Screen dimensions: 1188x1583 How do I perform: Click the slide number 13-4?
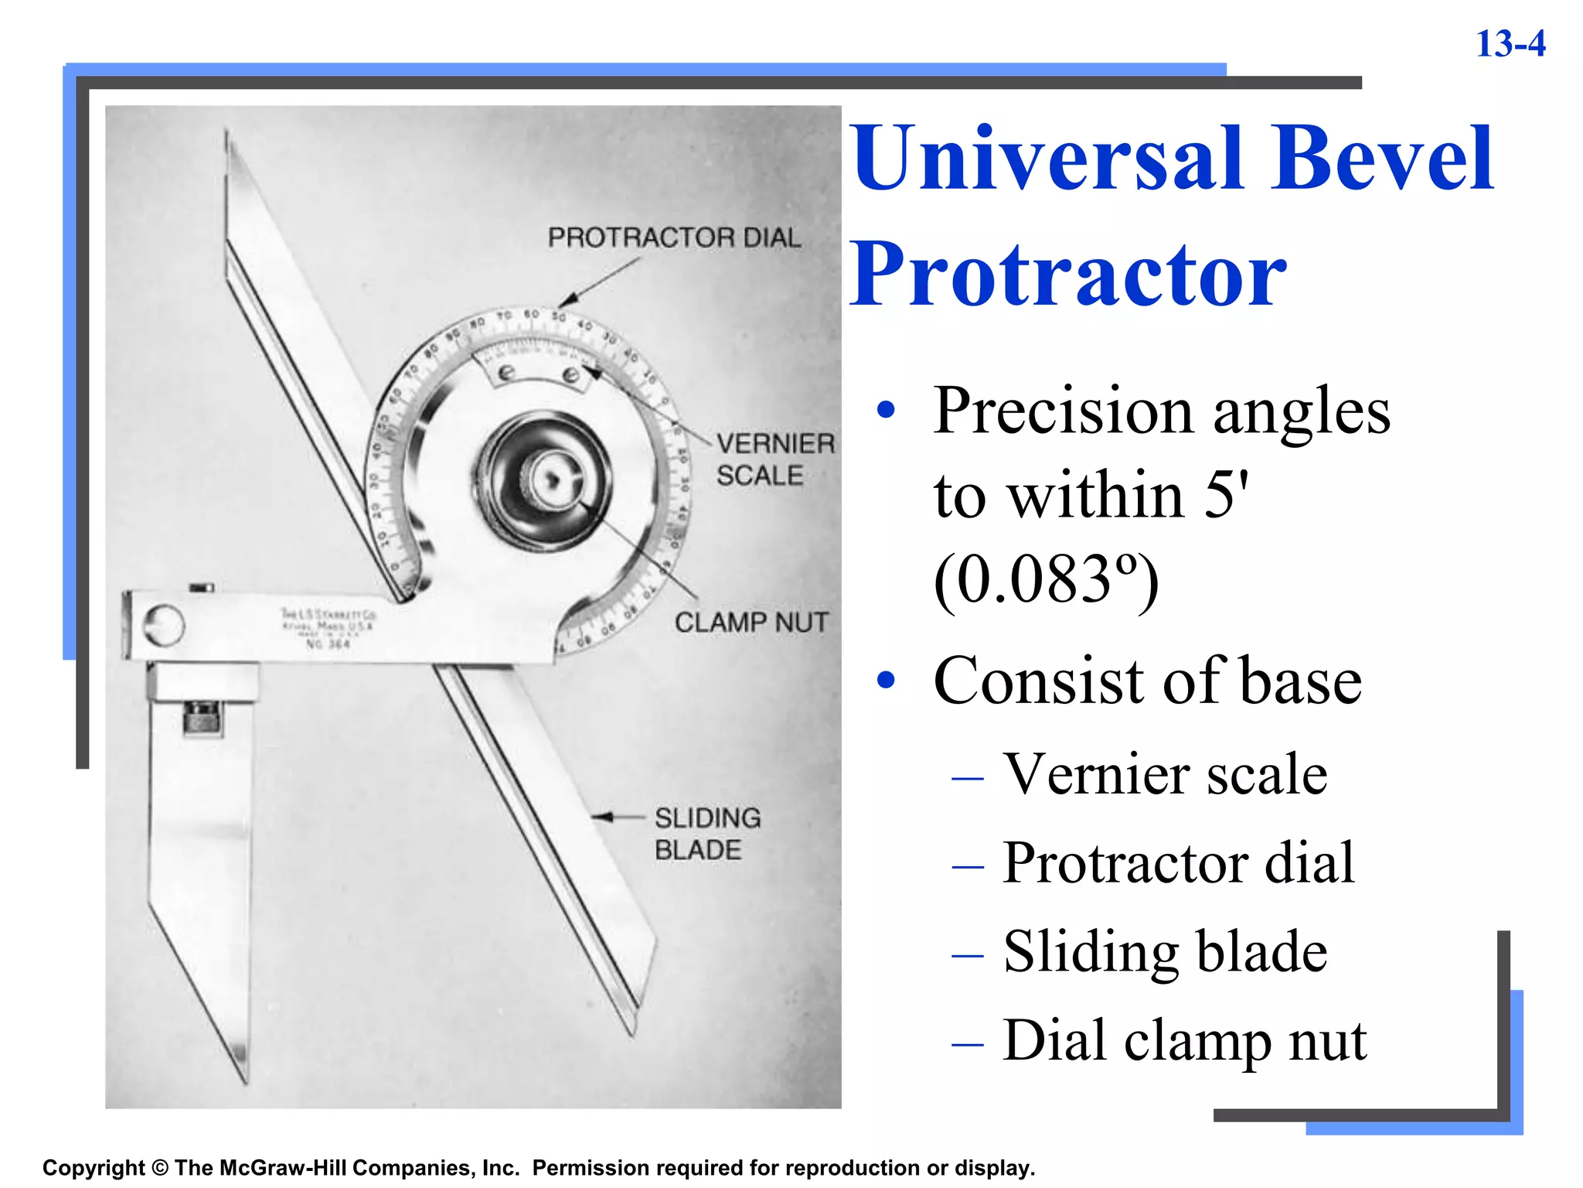[x=1510, y=44]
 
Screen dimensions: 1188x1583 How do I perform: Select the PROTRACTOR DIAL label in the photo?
[x=674, y=237]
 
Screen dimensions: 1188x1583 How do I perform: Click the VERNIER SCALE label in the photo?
[x=774, y=459]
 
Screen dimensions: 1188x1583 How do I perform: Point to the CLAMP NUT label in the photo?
[x=751, y=622]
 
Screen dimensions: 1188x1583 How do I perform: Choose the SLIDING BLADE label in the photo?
[x=706, y=834]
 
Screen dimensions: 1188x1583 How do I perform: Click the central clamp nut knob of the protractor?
[x=550, y=481]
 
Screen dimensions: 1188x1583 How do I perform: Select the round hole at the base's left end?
[x=164, y=625]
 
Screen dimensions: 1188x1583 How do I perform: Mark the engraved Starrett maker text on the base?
[x=328, y=627]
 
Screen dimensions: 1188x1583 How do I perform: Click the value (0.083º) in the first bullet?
[x=1046, y=580]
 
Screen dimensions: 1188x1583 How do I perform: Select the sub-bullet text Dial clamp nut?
[x=1184, y=1040]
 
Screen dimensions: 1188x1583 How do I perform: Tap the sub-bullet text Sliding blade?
[x=1165, y=951]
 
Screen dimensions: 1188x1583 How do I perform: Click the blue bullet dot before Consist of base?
[x=886, y=681]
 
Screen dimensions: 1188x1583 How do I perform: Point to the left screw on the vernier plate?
[x=506, y=373]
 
